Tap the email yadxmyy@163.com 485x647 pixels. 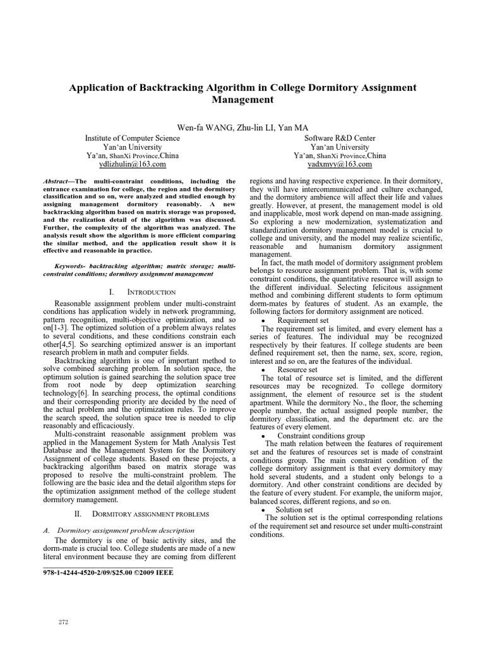click(x=340, y=164)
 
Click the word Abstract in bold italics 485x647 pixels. click(x=59, y=181)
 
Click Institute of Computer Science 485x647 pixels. click(x=132, y=138)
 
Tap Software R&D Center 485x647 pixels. click(x=340, y=138)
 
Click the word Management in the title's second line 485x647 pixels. click(x=242, y=100)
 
